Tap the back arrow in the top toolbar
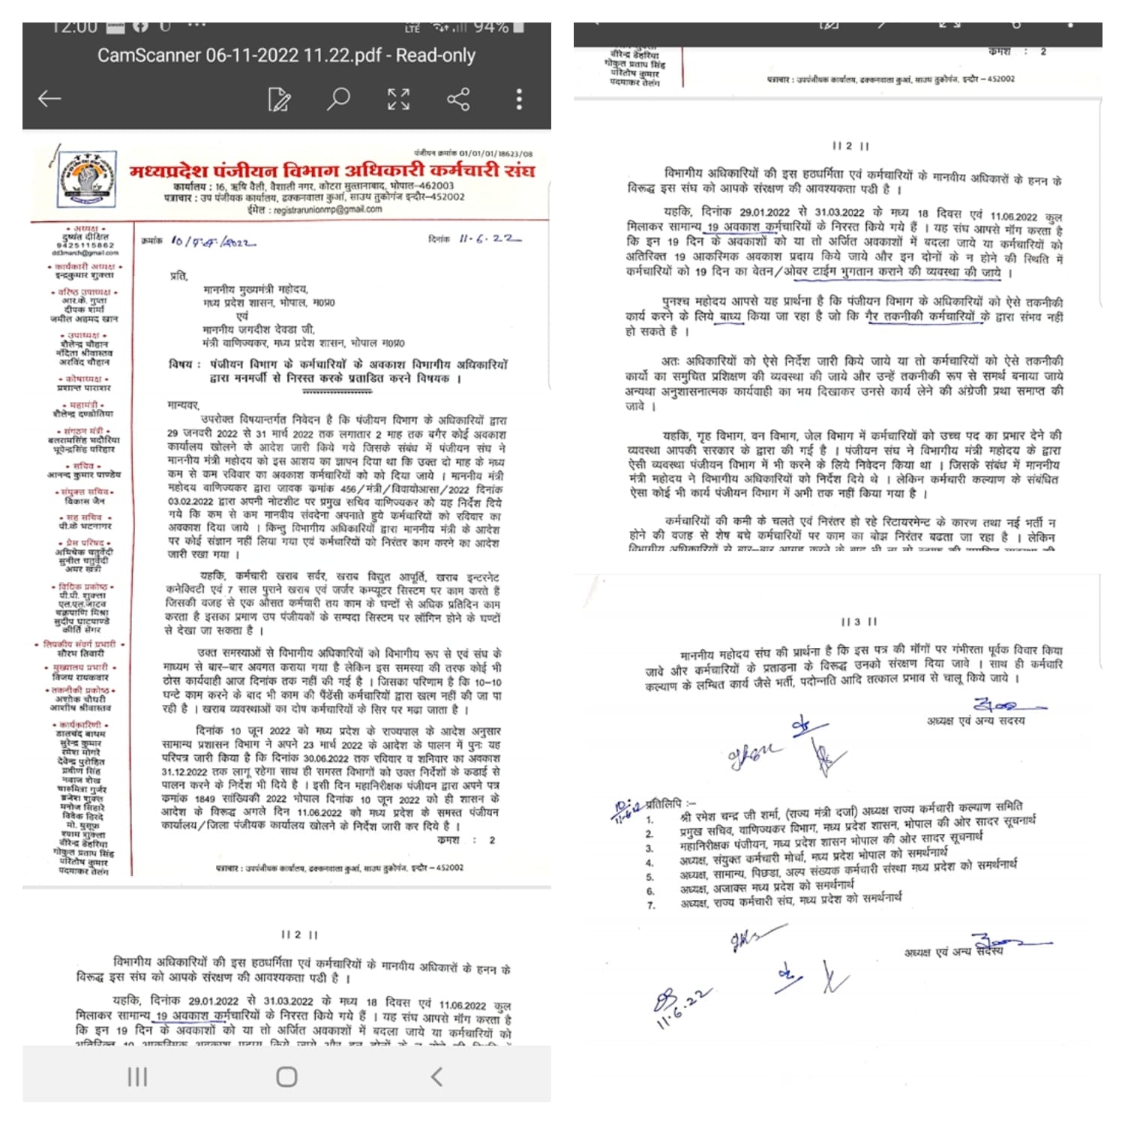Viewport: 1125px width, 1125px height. click(x=49, y=99)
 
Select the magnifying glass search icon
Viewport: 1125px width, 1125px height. click(x=338, y=99)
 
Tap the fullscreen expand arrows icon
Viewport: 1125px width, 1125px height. click(x=398, y=99)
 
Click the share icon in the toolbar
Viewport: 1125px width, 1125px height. click(x=457, y=99)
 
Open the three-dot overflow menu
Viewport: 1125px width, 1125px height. click(x=519, y=99)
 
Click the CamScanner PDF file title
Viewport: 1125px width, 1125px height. click(x=286, y=55)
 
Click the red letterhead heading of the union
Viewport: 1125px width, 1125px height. click(x=331, y=171)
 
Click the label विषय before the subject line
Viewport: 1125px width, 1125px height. click(x=184, y=364)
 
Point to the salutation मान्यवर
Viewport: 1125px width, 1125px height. click(x=183, y=405)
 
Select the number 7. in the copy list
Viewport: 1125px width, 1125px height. click(x=651, y=905)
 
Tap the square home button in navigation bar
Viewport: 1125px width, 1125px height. click(x=286, y=1077)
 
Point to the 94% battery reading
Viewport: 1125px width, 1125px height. click(x=491, y=28)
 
